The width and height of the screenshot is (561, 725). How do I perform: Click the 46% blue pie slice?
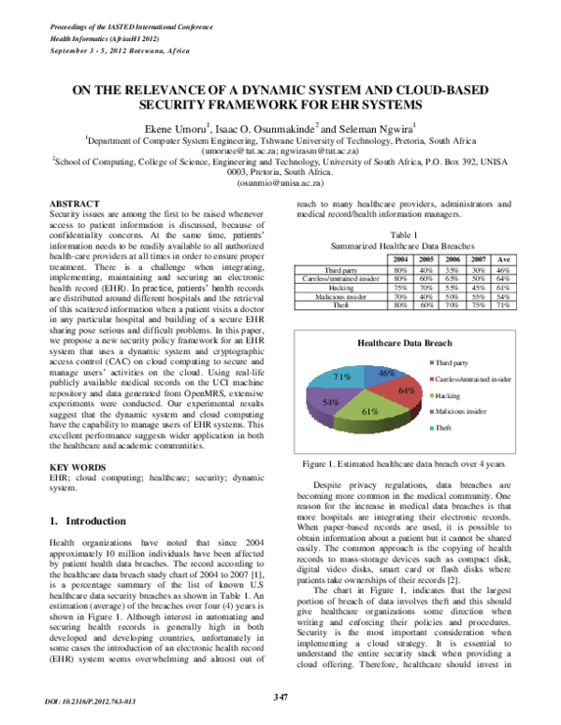click(382, 377)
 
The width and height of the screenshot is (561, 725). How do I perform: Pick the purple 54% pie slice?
click(332, 403)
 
